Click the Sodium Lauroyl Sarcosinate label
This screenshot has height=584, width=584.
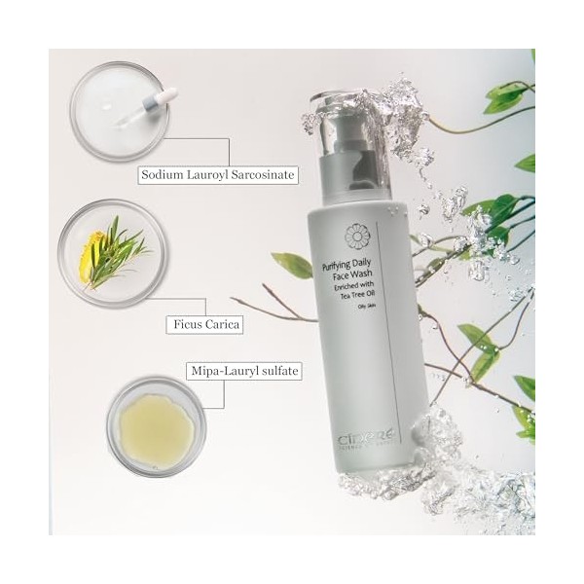[x=216, y=176]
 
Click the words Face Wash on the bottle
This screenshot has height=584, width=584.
[x=354, y=275]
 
